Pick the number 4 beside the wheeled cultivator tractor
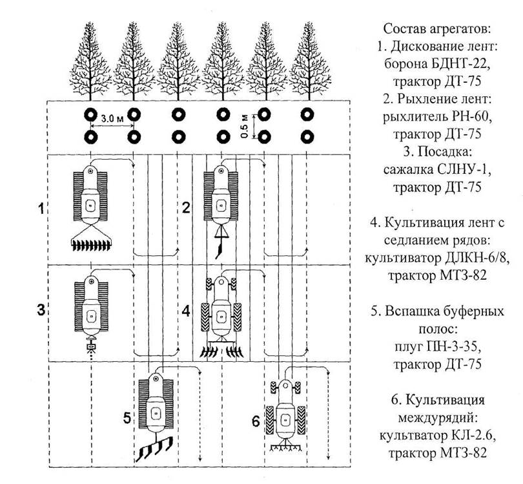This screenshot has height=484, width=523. pos(186,311)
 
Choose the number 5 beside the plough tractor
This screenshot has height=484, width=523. pos(127,417)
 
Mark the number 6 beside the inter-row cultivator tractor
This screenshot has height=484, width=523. pos(256,422)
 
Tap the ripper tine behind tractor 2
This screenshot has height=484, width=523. pos(221,247)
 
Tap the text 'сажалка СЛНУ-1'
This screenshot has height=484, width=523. pos(436,170)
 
